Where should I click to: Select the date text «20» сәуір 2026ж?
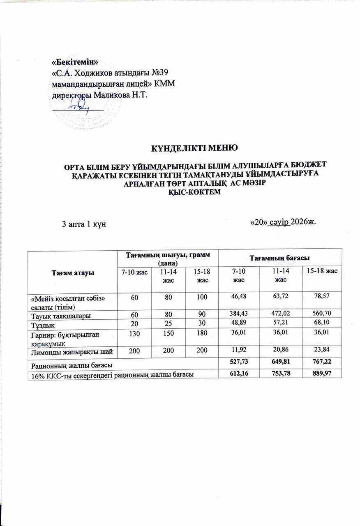282,222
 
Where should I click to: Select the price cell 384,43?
239,314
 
